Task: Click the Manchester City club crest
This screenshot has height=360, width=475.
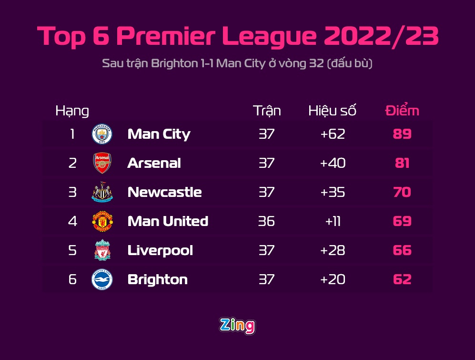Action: click(x=102, y=134)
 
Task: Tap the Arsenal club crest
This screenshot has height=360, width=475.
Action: click(x=102, y=163)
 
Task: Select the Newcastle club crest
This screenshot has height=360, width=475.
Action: click(x=102, y=193)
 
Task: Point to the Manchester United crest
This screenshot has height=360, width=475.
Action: click(x=102, y=221)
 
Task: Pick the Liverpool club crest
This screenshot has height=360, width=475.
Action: click(x=102, y=250)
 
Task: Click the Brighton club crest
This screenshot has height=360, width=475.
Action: click(x=102, y=279)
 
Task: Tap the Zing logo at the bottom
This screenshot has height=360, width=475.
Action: click(x=237, y=326)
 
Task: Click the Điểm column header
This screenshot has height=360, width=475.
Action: click(x=402, y=111)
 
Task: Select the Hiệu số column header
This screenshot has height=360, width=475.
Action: click(x=333, y=111)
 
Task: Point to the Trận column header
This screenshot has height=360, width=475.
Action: click(x=267, y=111)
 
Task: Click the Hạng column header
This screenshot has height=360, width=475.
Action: click(x=72, y=111)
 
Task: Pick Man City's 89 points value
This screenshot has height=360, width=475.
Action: click(x=402, y=134)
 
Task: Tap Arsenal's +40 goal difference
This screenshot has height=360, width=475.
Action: click(x=333, y=163)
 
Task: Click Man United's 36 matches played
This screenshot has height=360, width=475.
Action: click(x=266, y=221)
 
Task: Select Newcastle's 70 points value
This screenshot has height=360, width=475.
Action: click(x=402, y=192)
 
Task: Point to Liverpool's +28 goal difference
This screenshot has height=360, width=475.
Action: click(x=333, y=250)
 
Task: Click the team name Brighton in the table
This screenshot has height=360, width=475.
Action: click(x=158, y=279)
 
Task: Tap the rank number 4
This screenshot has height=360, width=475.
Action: click(x=72, y=221)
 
